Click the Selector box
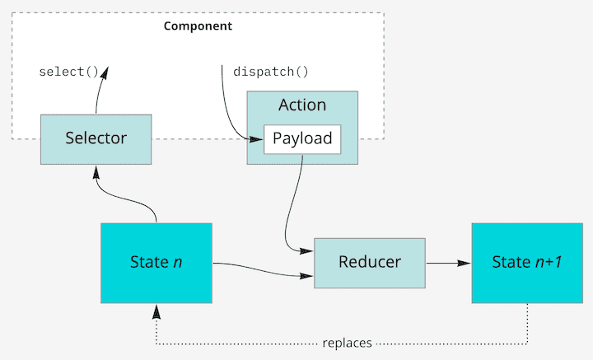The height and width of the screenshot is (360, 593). click(96, 138)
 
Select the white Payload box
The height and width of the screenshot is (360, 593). click(302, 138)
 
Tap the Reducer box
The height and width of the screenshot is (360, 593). click(370, 262)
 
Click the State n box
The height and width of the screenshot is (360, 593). click(156, 262)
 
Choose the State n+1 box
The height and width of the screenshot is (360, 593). click(526, 262)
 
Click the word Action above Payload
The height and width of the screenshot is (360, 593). click(302, 105)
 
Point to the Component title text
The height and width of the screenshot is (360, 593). click(198, 26)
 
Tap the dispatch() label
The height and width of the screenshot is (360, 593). click(272, 72)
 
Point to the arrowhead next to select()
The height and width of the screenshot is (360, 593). click(105, 73)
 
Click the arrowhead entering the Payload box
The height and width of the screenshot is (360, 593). click(256, 139)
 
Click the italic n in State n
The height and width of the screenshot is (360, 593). click(178, 263)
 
